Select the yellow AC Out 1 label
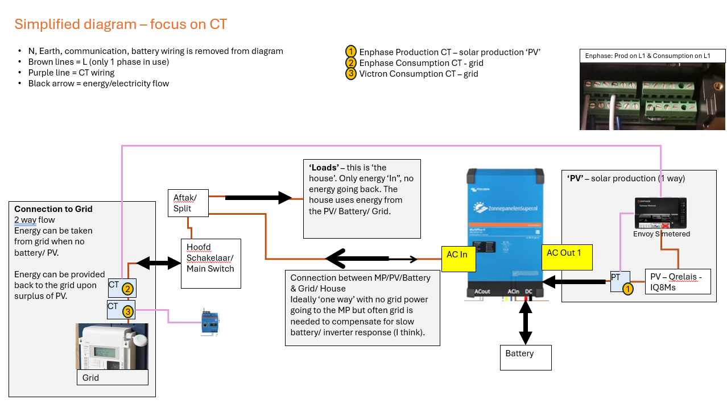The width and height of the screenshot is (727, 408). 567,257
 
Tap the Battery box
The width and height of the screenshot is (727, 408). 526,357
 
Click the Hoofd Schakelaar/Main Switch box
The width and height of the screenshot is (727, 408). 210,263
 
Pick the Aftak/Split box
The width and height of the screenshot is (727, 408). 188,203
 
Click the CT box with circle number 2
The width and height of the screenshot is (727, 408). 122,288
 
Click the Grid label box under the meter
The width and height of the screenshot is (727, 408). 112,377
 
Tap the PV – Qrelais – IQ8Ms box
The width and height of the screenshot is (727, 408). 678,281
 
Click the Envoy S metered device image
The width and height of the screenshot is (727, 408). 661,213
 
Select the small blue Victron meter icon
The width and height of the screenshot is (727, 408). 209,323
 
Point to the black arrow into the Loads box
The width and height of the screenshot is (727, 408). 258,198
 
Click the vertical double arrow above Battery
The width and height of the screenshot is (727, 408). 524,321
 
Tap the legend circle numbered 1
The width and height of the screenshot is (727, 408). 351,52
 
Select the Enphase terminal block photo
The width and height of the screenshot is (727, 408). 652,95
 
